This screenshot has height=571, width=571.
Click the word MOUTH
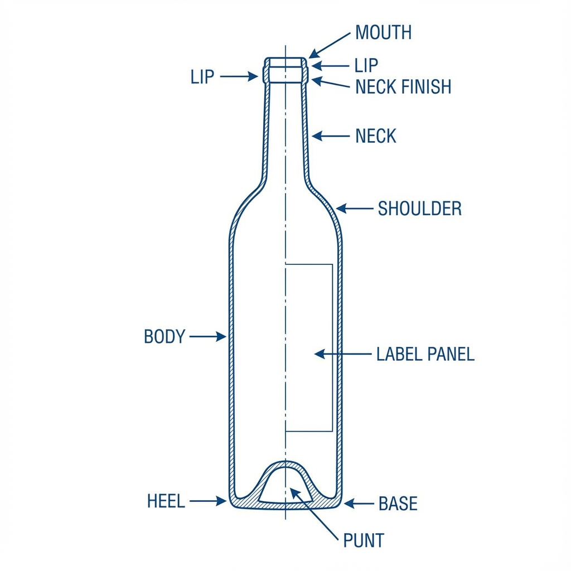383,33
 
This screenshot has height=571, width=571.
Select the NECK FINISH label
403,86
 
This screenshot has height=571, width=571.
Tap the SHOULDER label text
419,209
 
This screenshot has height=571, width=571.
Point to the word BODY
164,336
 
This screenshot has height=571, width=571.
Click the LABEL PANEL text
425,354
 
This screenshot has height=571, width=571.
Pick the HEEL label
166,501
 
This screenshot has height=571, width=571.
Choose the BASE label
398,504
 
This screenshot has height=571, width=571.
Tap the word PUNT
363,540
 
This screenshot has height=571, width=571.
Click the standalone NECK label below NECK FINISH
375,136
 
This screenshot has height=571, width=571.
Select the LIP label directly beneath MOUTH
366,66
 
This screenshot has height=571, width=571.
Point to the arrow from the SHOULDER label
355,209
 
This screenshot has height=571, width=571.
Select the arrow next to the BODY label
207,336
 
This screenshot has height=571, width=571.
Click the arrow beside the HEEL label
207,501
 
